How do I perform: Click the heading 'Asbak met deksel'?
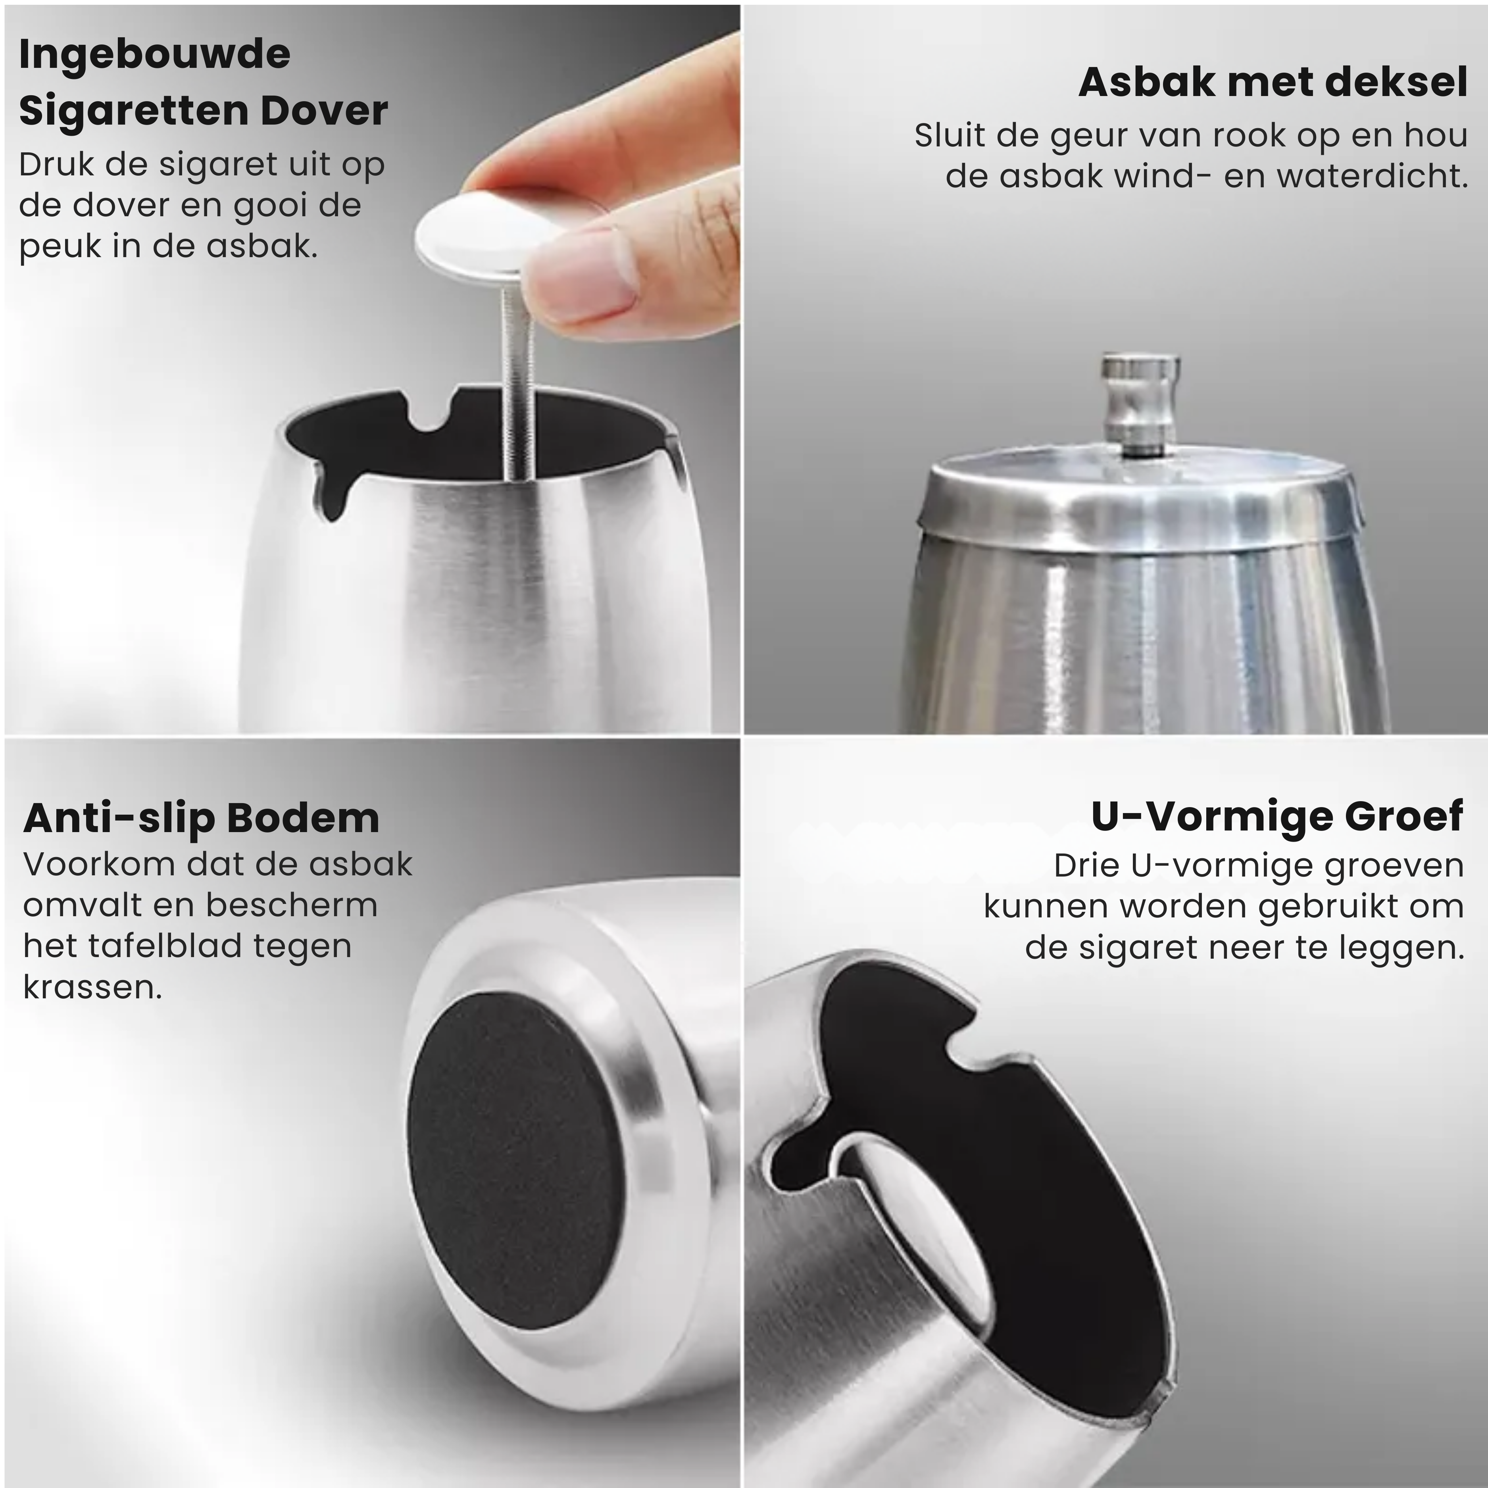coord(1273,83)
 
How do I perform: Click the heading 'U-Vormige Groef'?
coord(1277,817)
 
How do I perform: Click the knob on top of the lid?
coord(1140,400)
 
